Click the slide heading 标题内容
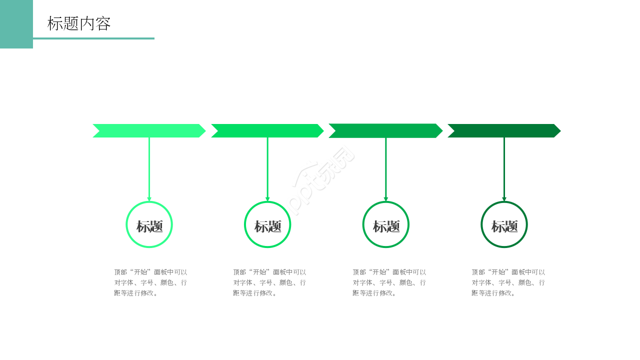[x=79, y=23]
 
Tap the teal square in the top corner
[x=16, y=24]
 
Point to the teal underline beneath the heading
[x=93, y=38]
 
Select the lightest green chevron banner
[x=149, y=131]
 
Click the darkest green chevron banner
[x=504, y=131]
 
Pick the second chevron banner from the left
[x=267, y=131]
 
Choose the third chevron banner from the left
[x=385, y=131]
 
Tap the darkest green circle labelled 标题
[x=481, y=224]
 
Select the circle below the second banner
[x=244, y=224]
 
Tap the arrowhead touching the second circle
[x=267, y=199]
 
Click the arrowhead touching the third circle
[x=385, y=199]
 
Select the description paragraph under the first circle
[x=150, y=282]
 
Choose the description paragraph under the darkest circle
[x=508, y=282]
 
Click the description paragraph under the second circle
[x=269, y=282]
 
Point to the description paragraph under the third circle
[x=389, y=282]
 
